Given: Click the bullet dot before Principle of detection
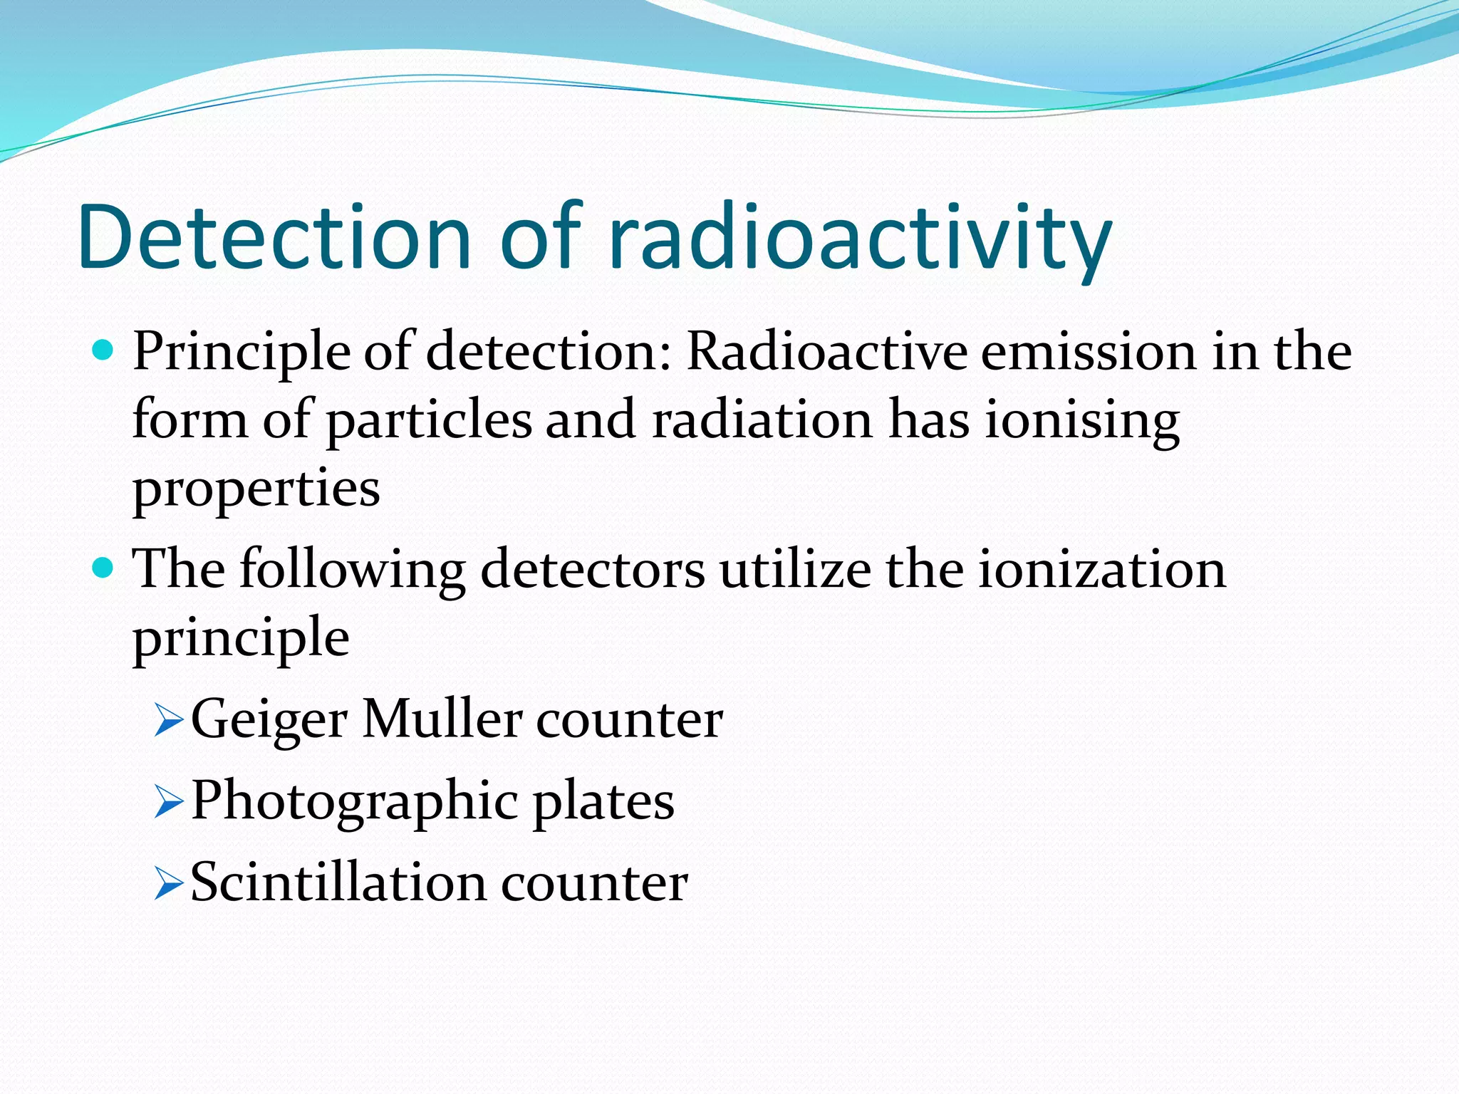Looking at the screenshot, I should [x=103, y=350].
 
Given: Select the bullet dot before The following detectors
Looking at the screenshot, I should [x=103, y=568].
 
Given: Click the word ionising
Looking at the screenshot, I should [x=1082, y=420].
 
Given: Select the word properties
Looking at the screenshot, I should [x=256, y=489].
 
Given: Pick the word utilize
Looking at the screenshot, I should [x=795, y=569].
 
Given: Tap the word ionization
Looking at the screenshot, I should [x=1101, y=569].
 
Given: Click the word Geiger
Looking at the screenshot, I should [x=269, y=719].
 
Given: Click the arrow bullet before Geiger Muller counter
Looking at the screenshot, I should [x=169, y=721].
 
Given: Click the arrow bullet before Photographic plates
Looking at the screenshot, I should [x=169, y=803].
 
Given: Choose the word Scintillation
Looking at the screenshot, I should [x=338, y=882].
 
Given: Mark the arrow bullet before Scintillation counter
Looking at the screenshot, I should [x=169, y=885].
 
